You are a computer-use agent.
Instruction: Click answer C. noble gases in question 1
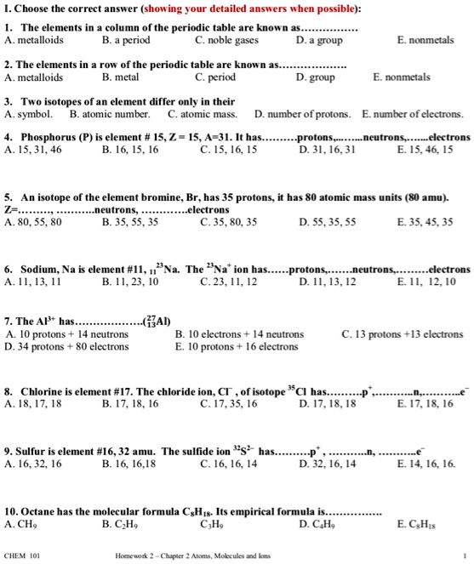[x=225, y=38]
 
